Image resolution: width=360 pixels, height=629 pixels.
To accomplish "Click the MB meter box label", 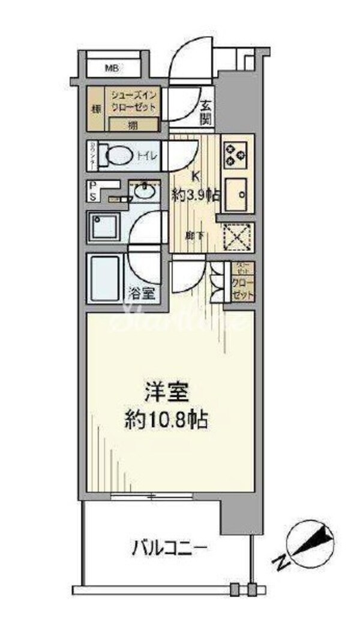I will [x=112, y=68].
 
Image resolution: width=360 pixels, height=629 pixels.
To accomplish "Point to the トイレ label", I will [x=146, y=157].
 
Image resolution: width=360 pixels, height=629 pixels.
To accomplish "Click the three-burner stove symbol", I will [x=235, y=155].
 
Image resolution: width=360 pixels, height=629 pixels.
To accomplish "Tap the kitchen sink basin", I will [x=236, y=194].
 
